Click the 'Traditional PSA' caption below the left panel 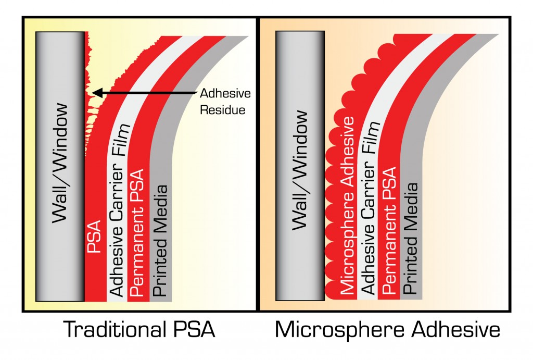click(139, 329)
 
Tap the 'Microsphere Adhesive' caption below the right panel click(387, 330)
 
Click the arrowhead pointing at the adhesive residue click(97, 93)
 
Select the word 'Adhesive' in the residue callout click(225, 93)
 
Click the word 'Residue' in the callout click(223, 110)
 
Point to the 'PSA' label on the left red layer click(94, 236)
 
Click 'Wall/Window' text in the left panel click(60, 163)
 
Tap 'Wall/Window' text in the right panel click(300, 170)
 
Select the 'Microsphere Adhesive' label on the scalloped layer click(347, 205)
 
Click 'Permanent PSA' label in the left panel click(137, 232)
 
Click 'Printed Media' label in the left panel click(160, 240)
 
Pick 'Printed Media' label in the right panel click(410, 239)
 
